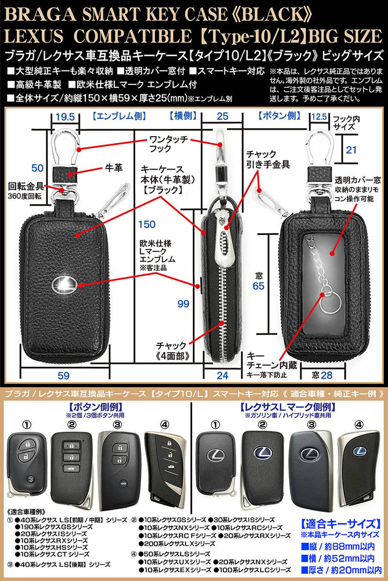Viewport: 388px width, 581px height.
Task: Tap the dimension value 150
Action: click(x=146, y=224)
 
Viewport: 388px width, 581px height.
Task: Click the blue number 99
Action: click(x=183, y=304)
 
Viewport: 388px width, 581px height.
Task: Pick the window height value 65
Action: click(x=259, y=286)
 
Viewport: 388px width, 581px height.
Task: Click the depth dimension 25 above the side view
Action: click(x=222, y=116)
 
